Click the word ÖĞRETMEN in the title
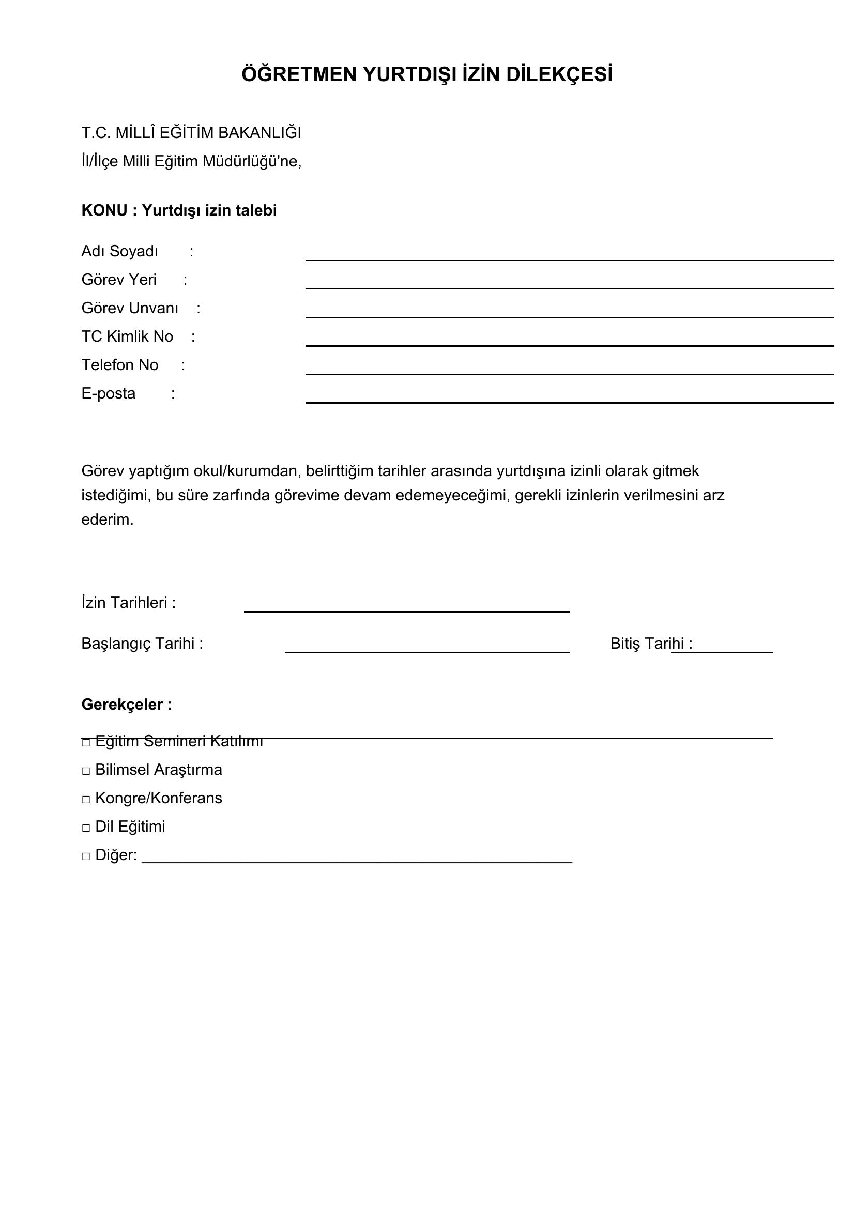click(299, 75)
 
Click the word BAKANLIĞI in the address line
click(259, 133)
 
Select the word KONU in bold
click(104, 210)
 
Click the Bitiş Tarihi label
click(651, 644)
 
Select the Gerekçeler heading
click(126, 705)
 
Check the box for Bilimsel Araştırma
click(86, 771)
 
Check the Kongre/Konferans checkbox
click(86, 800)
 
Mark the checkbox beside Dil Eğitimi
click(86, 828)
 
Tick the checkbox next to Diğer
click(86, 856)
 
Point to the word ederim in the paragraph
click(108, 519)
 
